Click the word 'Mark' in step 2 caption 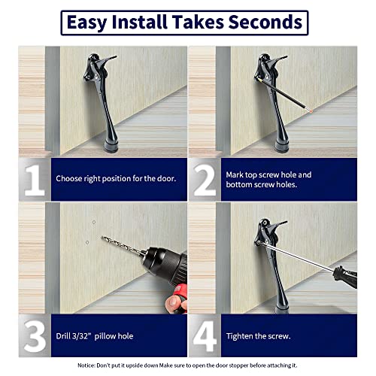point(235,174)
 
